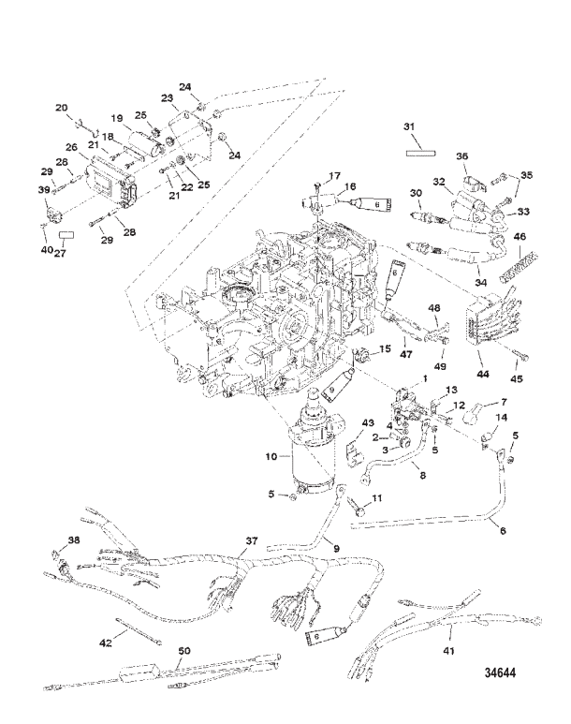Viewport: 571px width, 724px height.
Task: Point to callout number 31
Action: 409,127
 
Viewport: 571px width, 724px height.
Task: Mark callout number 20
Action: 62,108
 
